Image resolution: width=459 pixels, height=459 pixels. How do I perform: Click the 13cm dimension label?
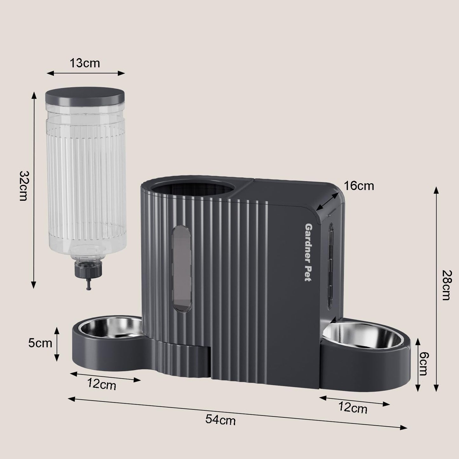pos(85,63)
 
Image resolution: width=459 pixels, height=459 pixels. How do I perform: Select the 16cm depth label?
pos(359,186)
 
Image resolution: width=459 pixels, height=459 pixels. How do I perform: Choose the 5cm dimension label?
pos(40,343)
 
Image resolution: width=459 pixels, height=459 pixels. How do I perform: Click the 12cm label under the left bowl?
pos(102,385)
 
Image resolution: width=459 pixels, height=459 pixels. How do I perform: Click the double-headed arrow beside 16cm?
pos(327,202)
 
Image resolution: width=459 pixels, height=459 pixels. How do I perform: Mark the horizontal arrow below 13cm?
pos(86,73)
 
